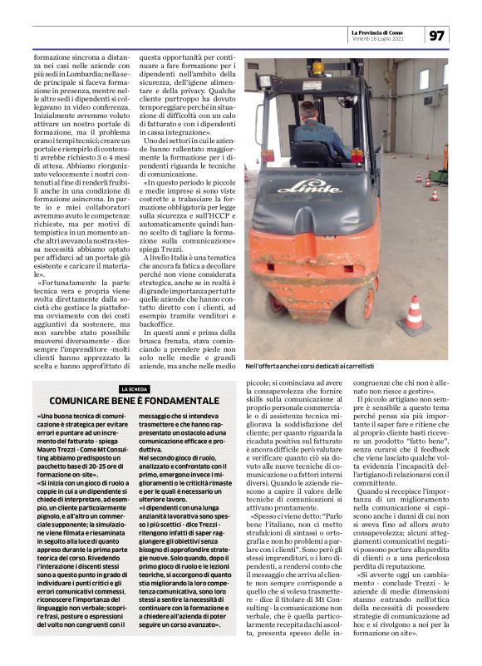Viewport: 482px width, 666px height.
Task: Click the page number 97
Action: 438,34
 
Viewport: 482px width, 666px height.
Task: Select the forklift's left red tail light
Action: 263,155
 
